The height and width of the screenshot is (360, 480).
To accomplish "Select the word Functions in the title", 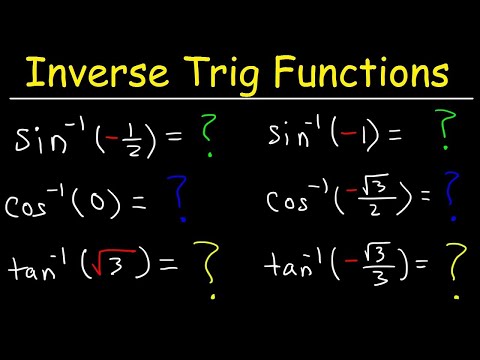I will click(369, 72).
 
